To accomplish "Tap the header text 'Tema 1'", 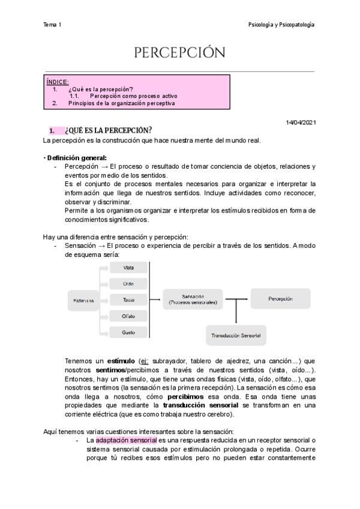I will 52,25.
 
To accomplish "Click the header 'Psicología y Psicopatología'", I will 281,25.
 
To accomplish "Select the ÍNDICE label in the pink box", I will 58,82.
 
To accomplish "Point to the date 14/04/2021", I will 302,122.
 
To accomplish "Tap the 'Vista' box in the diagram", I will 128,267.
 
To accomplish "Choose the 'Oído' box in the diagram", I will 128,283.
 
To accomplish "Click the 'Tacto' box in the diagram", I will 128,300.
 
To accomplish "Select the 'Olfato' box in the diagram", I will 128,316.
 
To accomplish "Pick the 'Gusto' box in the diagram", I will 128,332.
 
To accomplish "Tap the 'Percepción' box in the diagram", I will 280,298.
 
